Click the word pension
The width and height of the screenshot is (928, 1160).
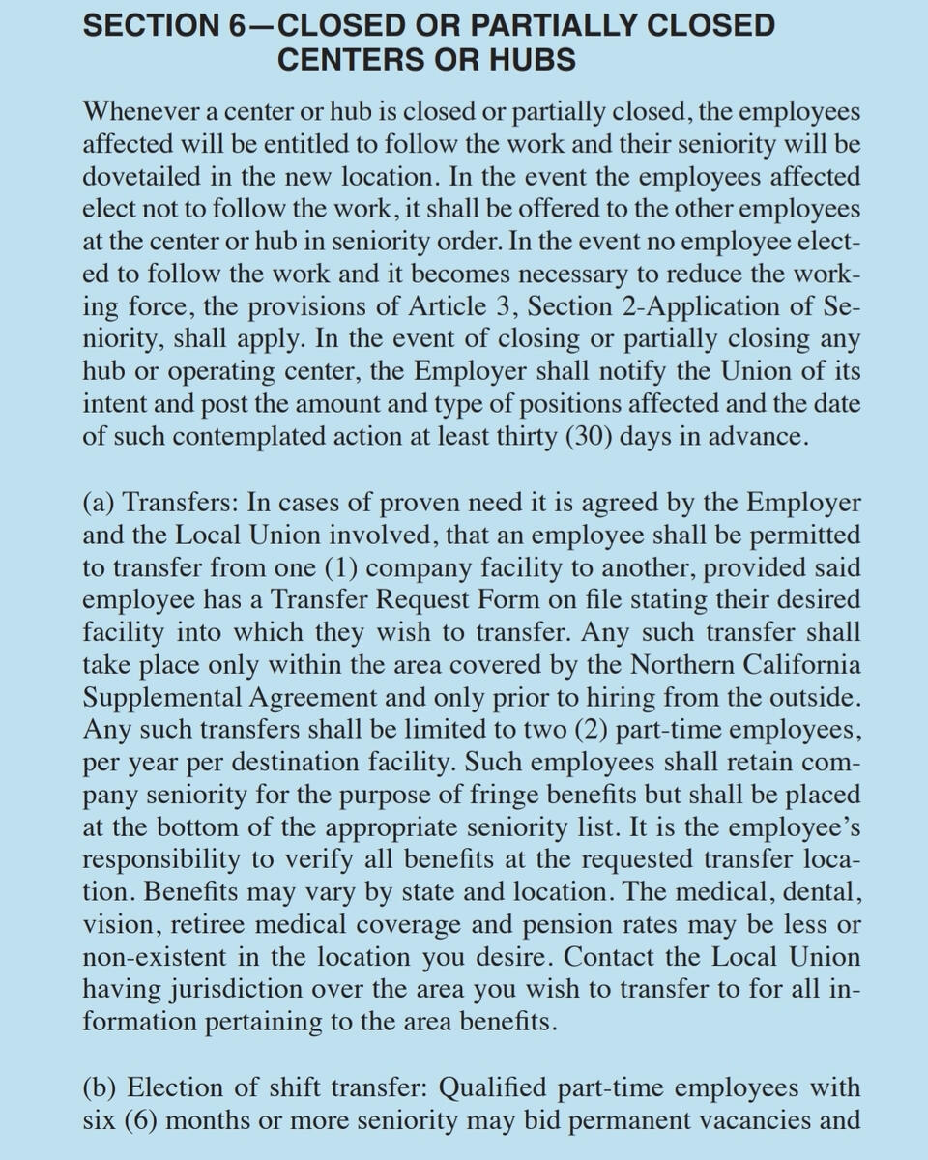(569, 925)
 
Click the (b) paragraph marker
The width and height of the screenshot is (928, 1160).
(101, 1087)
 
